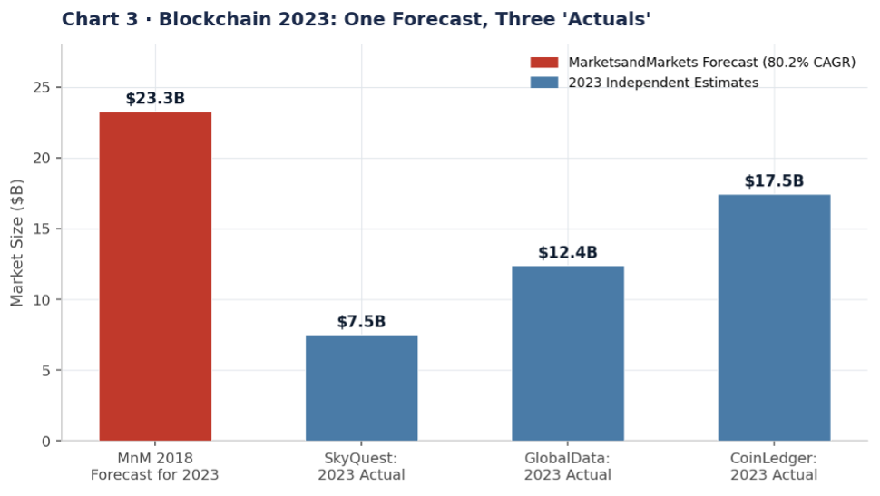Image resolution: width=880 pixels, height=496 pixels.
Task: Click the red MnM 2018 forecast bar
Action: coord(155,277)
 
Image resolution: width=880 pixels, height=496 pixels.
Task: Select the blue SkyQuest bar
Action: coord(361,388)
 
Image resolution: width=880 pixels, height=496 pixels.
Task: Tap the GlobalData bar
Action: coord(568,354)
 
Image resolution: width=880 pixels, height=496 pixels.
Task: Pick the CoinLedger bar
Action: coord(774,317)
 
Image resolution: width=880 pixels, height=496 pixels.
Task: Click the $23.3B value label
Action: coord(155,99)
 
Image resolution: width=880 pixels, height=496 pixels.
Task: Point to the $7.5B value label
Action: coord(361,322)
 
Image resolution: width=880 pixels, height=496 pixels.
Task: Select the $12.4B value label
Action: coord(568,253)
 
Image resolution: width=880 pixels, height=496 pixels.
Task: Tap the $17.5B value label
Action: coord(774,181)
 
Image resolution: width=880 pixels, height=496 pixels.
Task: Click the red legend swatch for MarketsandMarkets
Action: coord(544,63)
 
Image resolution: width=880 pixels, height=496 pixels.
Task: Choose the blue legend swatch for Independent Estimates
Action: coord(544,83)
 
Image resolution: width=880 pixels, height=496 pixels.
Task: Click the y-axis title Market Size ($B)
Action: coord(17,243)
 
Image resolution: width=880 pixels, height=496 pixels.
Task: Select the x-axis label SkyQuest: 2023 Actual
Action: coord(361,466)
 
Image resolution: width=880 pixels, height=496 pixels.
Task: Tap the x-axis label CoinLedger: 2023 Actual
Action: coord(774,466)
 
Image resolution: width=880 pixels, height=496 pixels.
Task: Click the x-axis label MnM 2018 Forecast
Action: coord(155,466)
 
